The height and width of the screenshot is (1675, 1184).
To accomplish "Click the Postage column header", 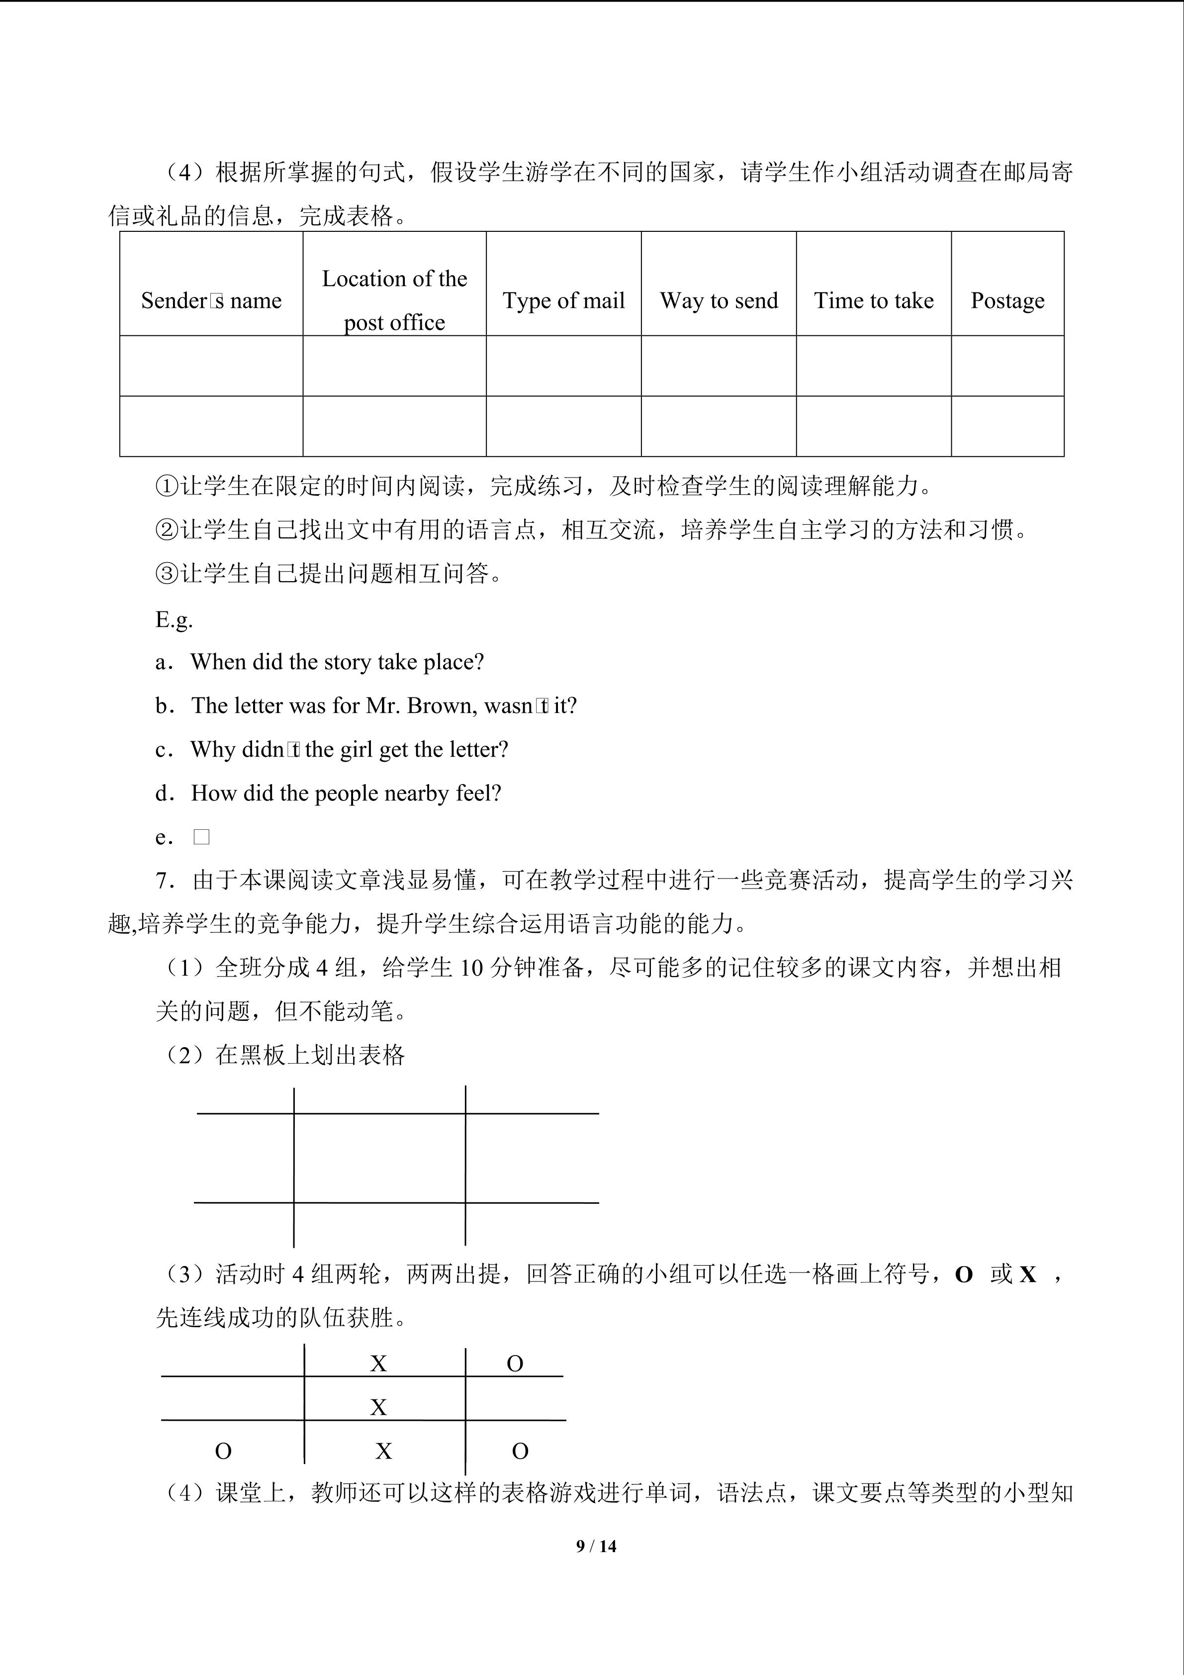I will [1007, 300].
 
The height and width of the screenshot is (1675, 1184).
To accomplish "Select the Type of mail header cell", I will [563, 300].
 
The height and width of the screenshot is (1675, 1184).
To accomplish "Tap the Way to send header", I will [719, 300].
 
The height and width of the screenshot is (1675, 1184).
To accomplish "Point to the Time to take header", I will [873, 300].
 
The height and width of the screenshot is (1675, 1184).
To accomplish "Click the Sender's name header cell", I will [211, 300].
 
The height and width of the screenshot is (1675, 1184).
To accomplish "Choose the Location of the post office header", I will [394, 300].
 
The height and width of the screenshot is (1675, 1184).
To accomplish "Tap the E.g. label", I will [174, 619].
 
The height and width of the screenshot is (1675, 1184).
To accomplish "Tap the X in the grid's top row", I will [378, 1364].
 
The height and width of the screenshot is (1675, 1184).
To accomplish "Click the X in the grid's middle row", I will [378, 1407].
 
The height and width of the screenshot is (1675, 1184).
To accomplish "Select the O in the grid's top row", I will [515, 1364].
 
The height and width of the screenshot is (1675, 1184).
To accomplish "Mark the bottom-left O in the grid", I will [223, 1451].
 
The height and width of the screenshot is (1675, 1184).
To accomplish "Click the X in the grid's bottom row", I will [383, 1451].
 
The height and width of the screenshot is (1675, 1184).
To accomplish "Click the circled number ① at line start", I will [167, 486].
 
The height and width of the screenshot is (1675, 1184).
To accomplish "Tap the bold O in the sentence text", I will [963, 1275].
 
